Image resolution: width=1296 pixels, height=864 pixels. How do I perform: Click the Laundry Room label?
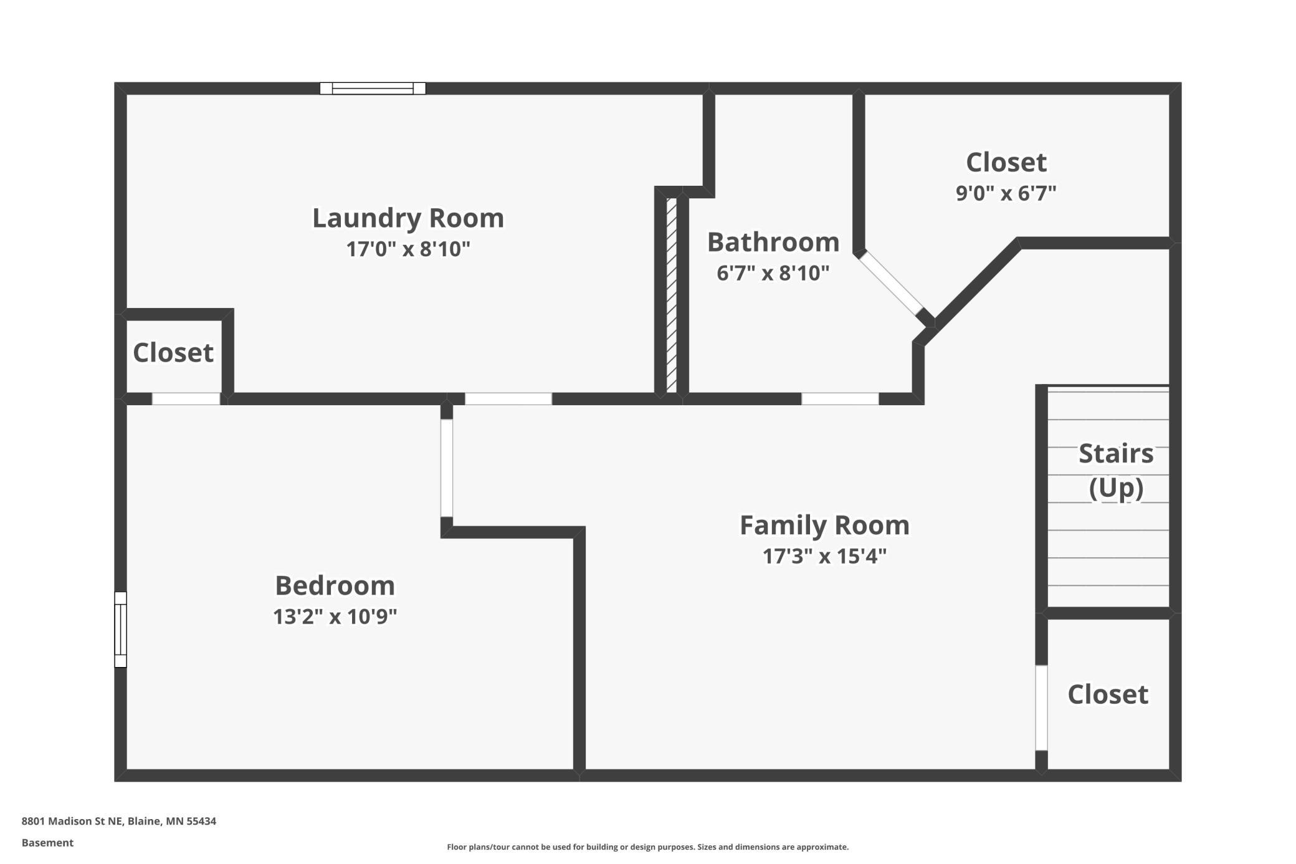408,218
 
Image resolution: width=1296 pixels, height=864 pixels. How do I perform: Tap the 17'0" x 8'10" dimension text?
408,249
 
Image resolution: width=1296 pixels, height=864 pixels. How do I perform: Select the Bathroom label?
773,242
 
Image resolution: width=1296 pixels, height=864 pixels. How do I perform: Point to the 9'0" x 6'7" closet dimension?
1006,193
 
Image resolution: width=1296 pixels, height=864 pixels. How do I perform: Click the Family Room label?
824,526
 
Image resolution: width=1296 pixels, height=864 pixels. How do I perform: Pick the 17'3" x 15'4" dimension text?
824,556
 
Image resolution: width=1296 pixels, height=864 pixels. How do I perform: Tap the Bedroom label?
335,586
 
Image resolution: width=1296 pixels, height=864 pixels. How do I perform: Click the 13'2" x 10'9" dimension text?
335,617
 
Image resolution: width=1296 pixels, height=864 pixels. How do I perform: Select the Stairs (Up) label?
1116,471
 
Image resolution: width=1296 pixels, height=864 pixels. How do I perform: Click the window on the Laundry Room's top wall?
373,89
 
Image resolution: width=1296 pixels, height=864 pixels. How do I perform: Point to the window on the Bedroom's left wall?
121,630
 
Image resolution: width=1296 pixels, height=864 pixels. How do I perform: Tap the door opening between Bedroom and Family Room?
447,468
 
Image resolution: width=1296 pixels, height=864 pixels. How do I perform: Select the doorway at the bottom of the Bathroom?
840,399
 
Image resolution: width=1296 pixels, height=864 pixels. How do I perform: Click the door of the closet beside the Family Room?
1041,708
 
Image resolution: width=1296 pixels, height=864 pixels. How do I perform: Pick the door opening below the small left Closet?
186,399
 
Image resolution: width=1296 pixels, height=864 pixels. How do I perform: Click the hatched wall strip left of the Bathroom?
672,295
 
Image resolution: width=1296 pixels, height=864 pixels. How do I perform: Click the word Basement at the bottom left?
47,843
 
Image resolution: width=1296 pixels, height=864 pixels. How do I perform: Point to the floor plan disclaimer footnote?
648,847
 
